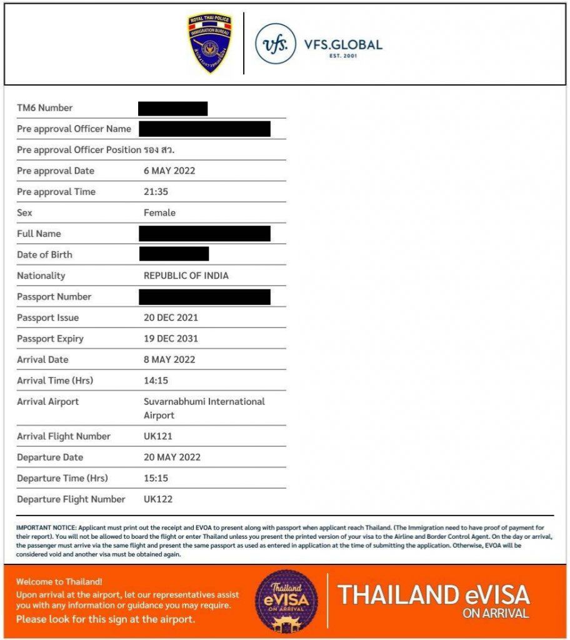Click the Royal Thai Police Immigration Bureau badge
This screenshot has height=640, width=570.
click(x=209, y=43)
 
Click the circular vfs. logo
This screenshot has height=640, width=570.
click(x=276, y=44)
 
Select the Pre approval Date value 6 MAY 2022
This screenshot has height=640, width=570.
click(x=171, y=171)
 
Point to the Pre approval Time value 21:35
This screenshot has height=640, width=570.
click(x=156, y=192)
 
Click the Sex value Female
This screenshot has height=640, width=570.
click(x=159, y=213)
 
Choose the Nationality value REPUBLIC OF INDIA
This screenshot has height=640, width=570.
click(x=186, y=276)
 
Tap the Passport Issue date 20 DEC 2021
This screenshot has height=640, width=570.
click(x=171, y=317)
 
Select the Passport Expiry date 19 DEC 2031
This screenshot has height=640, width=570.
click(x=171, y=339)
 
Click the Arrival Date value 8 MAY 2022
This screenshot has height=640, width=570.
click(x=169, y=359)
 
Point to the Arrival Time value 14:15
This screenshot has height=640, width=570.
click(x=156, y=381)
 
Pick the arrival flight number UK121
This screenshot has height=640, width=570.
click(x=158, y=436)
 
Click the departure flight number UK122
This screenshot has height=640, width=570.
click(x=158, y=499)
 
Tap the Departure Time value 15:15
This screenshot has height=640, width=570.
click(x=156, y=478)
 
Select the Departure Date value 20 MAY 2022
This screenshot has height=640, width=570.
click(x=172, y=457)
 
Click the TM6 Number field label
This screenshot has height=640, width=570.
click(x=44, y=108)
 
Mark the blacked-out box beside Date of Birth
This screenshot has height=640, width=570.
click(x=174, y=254)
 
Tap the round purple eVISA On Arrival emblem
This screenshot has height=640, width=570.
click(x=286, y=601)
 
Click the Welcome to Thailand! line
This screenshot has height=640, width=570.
click(x=59, y=582)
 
